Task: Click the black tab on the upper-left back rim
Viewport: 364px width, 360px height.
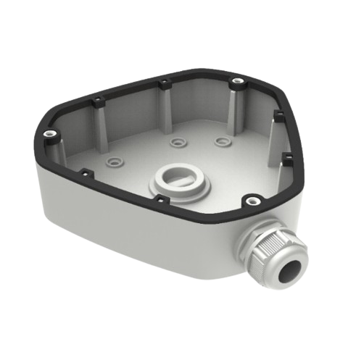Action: tap(98, 99)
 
